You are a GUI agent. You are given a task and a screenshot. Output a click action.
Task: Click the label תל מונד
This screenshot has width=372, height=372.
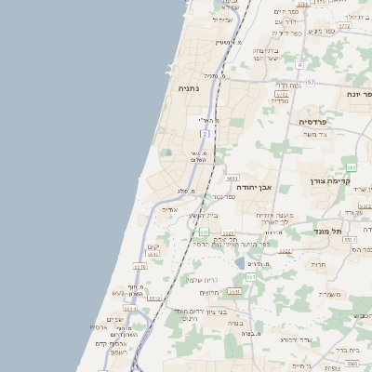pyautogui.click(x=328, y=230)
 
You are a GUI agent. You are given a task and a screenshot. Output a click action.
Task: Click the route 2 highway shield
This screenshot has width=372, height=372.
pyautogui.click(x=205, y=135)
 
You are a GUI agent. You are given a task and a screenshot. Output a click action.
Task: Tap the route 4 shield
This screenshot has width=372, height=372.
pyautogui.click(x=300, y=65)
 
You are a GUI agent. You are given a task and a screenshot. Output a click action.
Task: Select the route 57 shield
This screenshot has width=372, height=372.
pyautogui.click(x=310, y=83)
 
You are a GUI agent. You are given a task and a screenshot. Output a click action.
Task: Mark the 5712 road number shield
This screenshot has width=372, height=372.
pyautogui.click(x=344, y=27)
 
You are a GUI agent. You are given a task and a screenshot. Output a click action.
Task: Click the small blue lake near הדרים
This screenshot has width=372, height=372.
pyautogui.click(x=240, y=263)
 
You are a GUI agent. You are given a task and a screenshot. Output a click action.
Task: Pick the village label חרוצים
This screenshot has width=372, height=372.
pyautogui.click(x=210, y=292)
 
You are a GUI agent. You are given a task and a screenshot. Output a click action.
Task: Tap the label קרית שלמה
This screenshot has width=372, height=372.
pyautogui.click(x=201, y=279)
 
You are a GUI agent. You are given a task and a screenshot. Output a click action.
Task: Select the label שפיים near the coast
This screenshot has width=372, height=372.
pyautogui.click(x=115, y=319)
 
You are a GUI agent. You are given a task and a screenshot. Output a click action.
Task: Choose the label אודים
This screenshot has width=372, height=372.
pyautogui.click(x=169, y=209)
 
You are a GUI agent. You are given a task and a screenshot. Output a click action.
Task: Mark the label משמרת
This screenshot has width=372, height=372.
pyautogui.click(x=329, y=294)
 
